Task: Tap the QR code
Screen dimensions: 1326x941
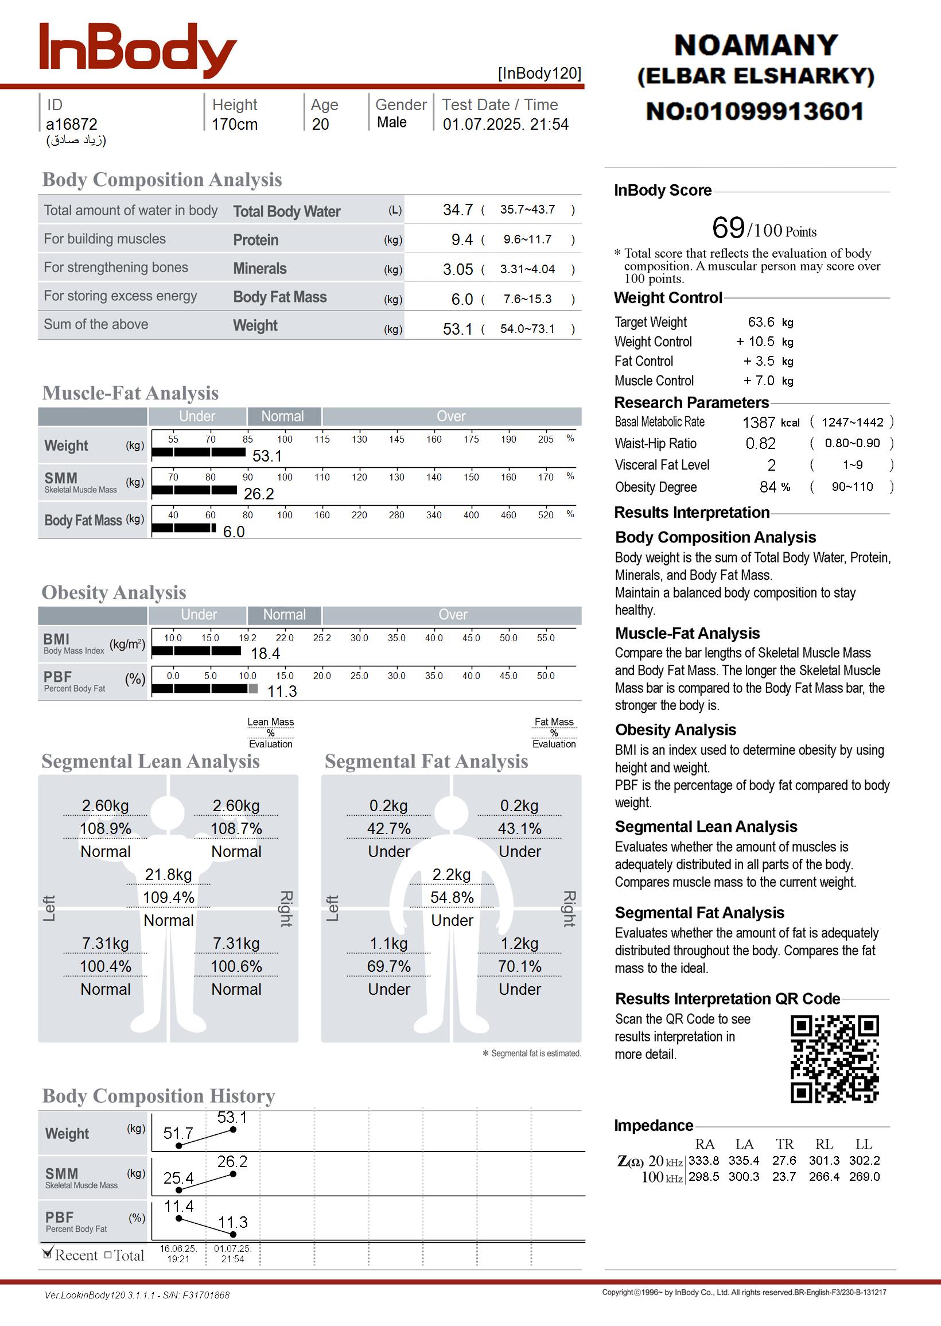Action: pyautogui.click(x=834, y=1059)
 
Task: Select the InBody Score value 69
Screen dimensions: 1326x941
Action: pyautogui.click(x=728, y=227)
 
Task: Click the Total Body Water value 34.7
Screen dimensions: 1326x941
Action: pyautogui.click(x=458, y=210)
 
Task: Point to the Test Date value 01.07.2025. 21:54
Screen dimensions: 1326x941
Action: pyautogui.click(x=506, y=125)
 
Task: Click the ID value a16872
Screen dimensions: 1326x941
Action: pyautogui.click(x=72, y=125)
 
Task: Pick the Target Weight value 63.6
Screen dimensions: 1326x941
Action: pyautogui.click(x=761, y=322)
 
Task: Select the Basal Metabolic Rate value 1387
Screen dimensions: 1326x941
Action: pyautogui.click(x=759, y=422)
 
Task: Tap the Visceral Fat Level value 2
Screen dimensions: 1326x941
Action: pyautogui.click(x=771, y=466)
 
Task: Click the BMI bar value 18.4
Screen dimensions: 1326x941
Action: pyautogui.click(x=266, y=654)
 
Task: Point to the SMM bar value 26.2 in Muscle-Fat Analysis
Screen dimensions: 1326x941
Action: pyautogui.click(x=258, y=494)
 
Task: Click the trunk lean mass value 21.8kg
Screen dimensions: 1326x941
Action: pyautogui.click(x=168, y=875)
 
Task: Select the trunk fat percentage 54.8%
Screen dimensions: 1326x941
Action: pyautogui.click(x=452, y=898)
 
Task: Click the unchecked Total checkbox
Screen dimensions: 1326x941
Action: pyautogui.click(x=108, y=1255)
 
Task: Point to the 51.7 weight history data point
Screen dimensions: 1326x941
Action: pyautogui.click(x=179, y=1146)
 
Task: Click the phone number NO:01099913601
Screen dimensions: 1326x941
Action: pyautogui.click(x=755, y=111)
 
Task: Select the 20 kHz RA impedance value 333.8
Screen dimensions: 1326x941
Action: pyautogui.click(x=703, y=1160)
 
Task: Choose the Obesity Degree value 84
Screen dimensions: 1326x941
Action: pyautogui.click(x=768, y=487)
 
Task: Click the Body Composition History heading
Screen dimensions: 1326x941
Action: pyautogui.click(x=159, y=1096)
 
